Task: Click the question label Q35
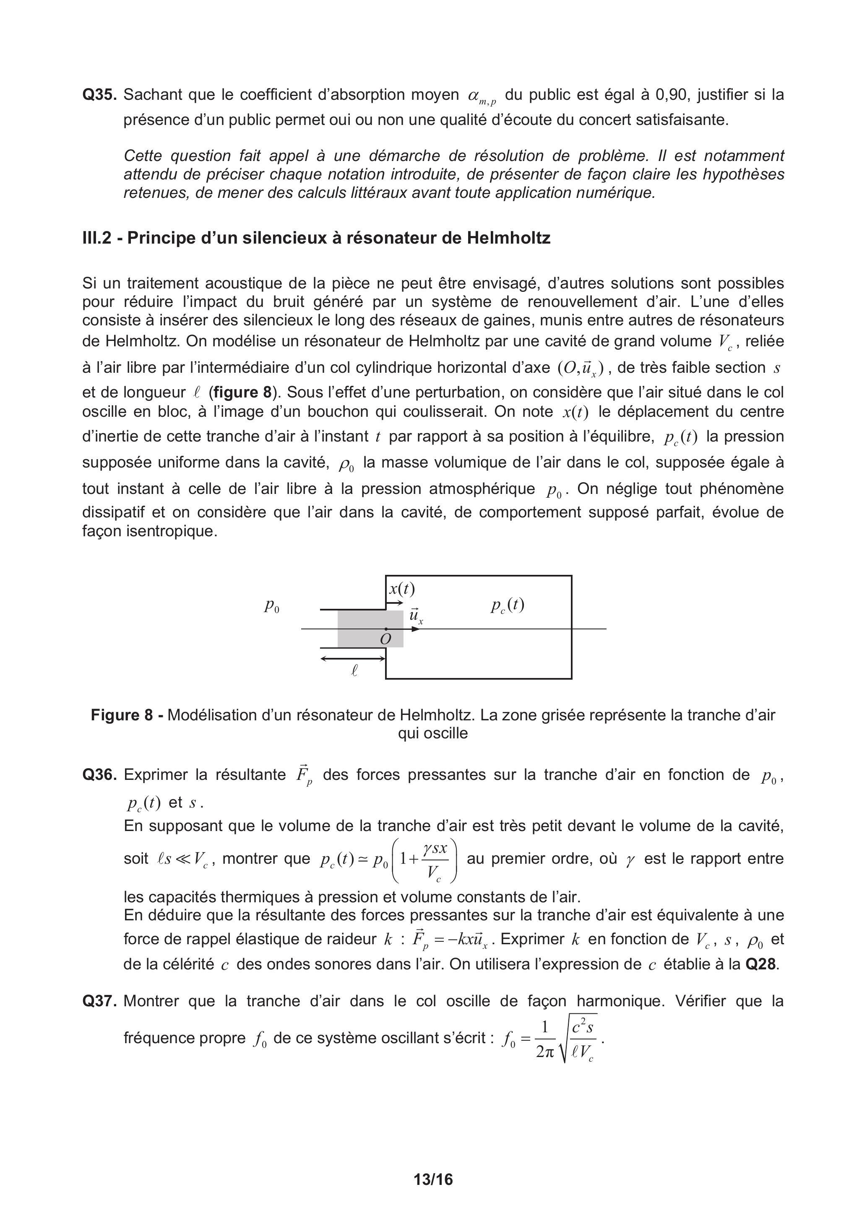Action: pos(99,95)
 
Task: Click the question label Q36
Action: pos(99,775)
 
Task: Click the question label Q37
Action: pos(99,1001)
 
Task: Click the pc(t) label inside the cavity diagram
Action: pos(507,605)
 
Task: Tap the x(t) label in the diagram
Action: pos(402,589)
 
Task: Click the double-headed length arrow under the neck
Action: pos(353,658)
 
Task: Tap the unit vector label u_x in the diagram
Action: pos(416,615)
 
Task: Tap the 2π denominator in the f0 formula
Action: pos(545,1052)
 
